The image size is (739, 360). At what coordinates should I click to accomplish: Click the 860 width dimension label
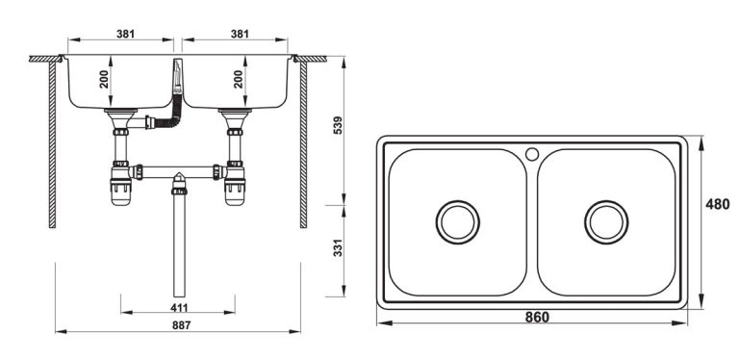(537, 318)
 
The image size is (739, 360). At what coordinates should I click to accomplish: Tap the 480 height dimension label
(717, 204)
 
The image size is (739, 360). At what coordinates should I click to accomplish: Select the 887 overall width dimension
(182, 325)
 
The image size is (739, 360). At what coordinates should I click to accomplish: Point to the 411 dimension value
(179, 308)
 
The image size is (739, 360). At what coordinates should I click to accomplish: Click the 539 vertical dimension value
(338, 125)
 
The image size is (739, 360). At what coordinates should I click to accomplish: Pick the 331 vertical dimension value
(338, 248)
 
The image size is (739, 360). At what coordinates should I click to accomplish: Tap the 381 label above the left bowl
(126, 34)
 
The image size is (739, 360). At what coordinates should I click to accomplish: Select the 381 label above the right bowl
(240, 34)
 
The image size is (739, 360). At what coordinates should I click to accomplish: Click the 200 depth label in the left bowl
(104, 79)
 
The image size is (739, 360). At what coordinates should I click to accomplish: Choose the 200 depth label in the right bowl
(239, 79)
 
